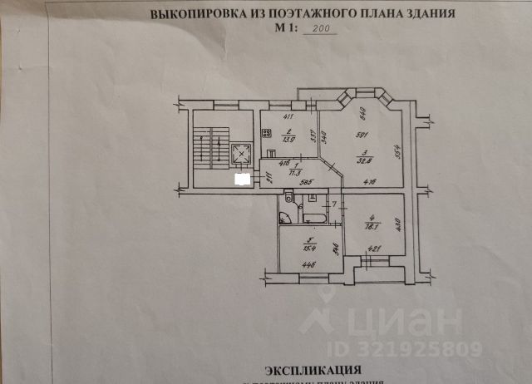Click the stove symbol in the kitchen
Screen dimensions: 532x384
268,131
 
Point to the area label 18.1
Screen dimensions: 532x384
372,224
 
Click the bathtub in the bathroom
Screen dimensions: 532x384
313,217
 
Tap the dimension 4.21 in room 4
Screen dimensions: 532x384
373,246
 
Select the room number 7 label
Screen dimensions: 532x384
335,204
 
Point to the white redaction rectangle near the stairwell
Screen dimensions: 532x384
243,178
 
